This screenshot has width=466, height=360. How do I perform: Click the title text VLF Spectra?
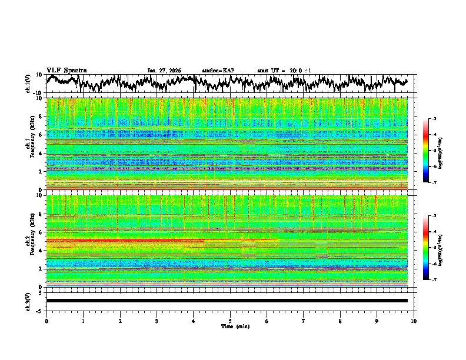pyautogui.click(x=66, y=70)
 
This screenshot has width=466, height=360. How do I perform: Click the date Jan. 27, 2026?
pyautogui.click(x=164, y=71)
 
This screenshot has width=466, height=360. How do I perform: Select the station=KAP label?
pyautogui.click(x=218, y=71)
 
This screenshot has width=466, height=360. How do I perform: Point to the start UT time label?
pyautogui.click(x=284, y=71)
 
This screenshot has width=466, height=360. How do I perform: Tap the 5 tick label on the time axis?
pyautogui.click(x=230, y=321)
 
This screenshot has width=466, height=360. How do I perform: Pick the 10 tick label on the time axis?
pyautogui.click(x=414, y=321)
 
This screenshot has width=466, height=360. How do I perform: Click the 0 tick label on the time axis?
pyautogui.click(x=46, y=321)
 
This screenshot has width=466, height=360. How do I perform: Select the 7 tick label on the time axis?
pyautogui.click(x=304, y=321)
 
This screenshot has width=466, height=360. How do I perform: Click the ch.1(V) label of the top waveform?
pyautogui.click(x=28, y=84)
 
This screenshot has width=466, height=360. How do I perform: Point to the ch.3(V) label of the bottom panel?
pyautogui.click(x=28, y=301)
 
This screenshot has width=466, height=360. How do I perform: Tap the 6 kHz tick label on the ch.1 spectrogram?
pyautogui.click(x=42, y=135)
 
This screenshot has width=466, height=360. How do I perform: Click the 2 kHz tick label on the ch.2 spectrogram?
pyautogui.click(x=42, y=269)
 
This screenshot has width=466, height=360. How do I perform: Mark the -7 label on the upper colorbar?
pyautogui.click(x=434, y=182)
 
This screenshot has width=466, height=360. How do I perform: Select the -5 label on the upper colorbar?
pyautogui.click(x=434, y=151)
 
